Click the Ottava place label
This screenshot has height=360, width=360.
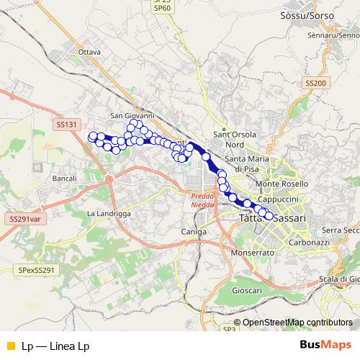click(x=89, y=53)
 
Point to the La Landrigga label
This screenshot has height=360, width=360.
click(x=109, y=214)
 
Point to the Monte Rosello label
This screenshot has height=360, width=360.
click(x=287, y=184)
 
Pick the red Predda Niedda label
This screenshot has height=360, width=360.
click(x=202, y=200)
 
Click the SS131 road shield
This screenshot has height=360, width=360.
click(x=66, y=125)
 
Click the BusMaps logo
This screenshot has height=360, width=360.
click(x=325, y=345)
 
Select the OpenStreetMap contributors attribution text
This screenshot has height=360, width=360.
click(x=297, y=323)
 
